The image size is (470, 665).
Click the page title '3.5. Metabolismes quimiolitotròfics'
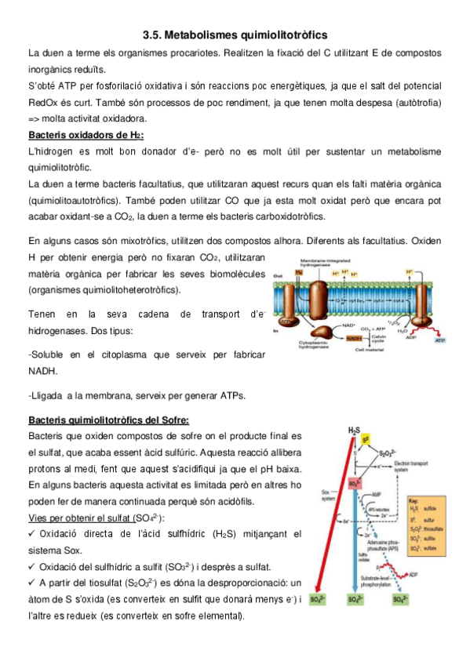pos(235,35)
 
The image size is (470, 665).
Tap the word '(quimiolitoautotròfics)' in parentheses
pos(78,201)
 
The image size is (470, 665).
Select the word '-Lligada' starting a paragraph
pos(46,395)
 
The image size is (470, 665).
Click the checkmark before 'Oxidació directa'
pos(32,535)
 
